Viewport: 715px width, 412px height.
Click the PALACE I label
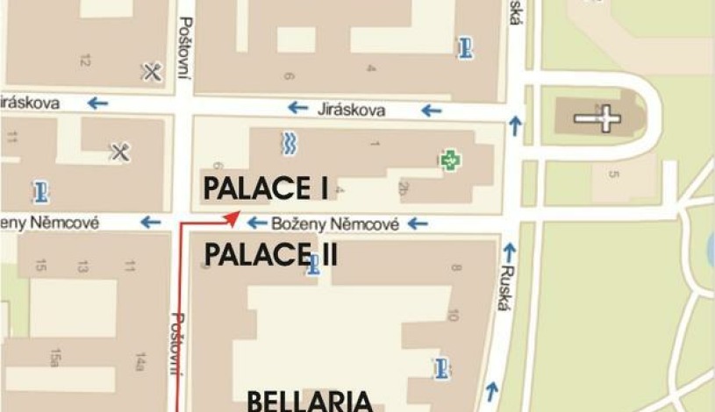click(x=265, y=188)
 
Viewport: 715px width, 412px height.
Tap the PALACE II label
click(x=271, y=255)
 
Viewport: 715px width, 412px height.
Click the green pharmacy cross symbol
click(x=449, y=160)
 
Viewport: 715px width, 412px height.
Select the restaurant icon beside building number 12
click(x=152, y=72)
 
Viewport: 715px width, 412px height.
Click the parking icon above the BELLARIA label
click(x=440, y=367)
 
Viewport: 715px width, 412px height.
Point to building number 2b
click(x=404, y=187)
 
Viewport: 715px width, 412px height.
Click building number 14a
click(x=139, y=359)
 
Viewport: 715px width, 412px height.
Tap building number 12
click(x=85, y=60)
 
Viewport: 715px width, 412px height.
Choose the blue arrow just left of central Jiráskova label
click(x=298, y=108)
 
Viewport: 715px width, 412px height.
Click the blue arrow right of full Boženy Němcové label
click(x=418, y=224)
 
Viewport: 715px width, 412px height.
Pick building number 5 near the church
click(x=614, y=174)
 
